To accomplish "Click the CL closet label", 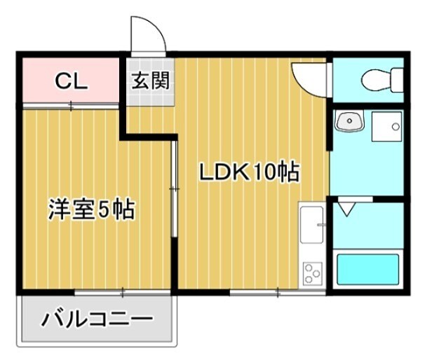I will coord(71,81).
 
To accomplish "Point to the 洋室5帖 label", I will coord(90,209).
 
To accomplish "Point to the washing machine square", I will coord(387,127).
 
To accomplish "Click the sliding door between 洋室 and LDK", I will coord(174,189).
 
